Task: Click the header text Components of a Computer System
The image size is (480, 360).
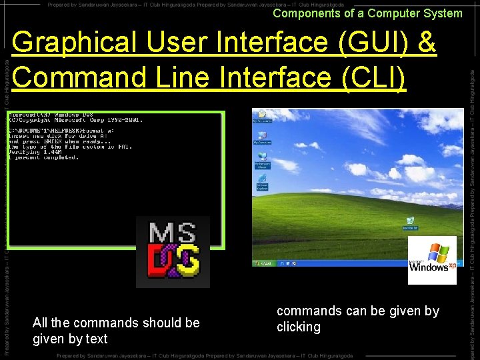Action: [x=367, y=13]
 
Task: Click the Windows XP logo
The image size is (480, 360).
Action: [x=432, y=259]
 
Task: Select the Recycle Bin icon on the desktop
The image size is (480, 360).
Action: [x=410, y=222]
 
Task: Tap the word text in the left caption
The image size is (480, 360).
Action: [x=97, y=339]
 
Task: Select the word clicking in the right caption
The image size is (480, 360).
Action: [x=299, y=327]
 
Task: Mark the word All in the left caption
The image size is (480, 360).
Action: [x=40, y=323]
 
